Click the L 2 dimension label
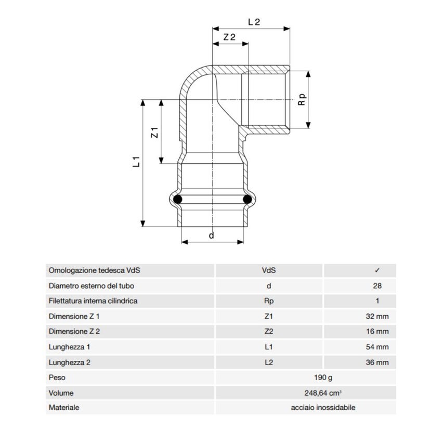tap(254, 22)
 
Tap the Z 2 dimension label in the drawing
tap(229, 37)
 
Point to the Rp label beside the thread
tap(302, 99)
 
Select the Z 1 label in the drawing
tap(154, 133)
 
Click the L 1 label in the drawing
tap(136, 162)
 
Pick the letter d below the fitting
tap(212, 235)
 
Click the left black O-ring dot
tap(178, 199)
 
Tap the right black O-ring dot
tap(247, 199)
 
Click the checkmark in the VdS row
tap(377, 270)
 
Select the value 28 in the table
tap(377, 286)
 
